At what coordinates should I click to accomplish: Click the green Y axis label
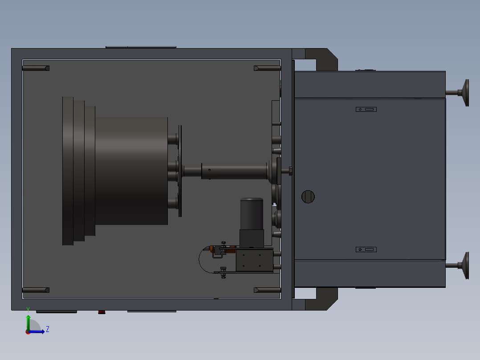click(x=28, y=309)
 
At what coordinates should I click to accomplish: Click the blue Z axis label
click(x=48, y=329)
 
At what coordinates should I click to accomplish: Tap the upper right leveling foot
click(x=466, y=93)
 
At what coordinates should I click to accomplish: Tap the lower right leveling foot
click(x=466, y=266)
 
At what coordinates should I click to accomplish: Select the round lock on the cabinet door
click(x=308, y=196)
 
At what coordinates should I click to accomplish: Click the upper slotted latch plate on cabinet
click(x=366, y=109)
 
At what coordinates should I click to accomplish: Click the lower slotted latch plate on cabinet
click(x=366, y=250)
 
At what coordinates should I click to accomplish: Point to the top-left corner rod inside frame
click(x=36, y=68)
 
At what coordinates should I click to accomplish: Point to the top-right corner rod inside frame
click(x=267, y=68)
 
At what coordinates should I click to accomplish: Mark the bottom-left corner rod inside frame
click(x=36, y=290)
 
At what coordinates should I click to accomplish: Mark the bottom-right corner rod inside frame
click(x=267, y=290)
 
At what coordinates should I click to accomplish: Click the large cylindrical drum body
click(x=131, y=171)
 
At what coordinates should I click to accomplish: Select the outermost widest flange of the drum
click(x=68, y=171)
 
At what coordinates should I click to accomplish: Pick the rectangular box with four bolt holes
click(x=254, y=261)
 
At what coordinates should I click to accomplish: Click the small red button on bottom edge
click(x=102, y=312)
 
